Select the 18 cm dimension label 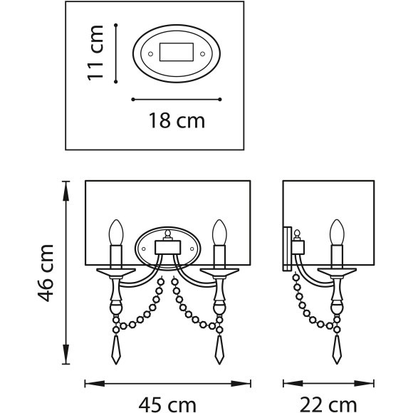coord(177,120)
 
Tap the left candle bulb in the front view coord(116,232)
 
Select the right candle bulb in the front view coord(219,232)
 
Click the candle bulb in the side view coord(335,232)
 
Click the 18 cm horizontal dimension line coord(177,99)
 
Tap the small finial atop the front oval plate coord(168,234)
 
